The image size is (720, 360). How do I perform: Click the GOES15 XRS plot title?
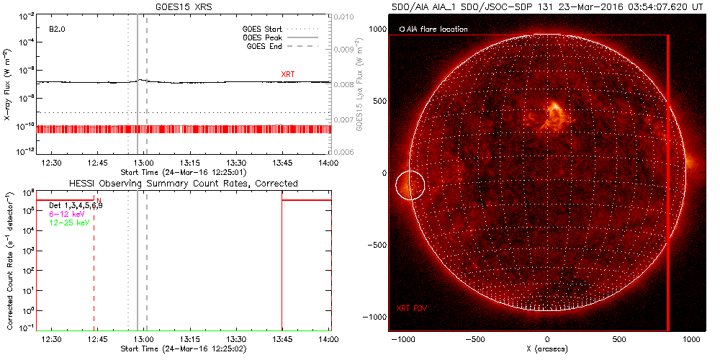pyautogui.click(x=184, y=6)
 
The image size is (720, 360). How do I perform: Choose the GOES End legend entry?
pyautogui.click(x=264, y=47)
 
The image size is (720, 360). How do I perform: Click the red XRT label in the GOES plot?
pyautogui.click(x=289, y=74)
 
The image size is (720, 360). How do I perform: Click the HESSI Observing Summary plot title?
pyautogui.click(x=184, y=184)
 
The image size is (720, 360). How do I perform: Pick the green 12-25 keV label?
pyautogui.click(x=67, y=224)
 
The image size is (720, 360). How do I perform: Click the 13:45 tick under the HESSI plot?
pyautogui.click(x=282, y=338)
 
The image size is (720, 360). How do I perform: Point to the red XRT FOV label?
pyautogui.click(x=411, y=308)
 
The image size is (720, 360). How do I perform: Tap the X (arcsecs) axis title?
pyautogui.click(x=548, y=348)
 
